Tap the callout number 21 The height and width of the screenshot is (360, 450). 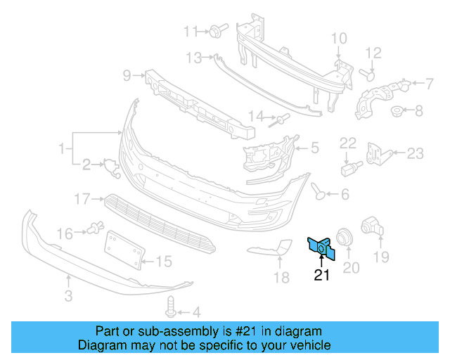point(321,275)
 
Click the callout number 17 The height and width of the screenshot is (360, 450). point(82,199)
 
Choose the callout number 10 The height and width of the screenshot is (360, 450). point(338,37)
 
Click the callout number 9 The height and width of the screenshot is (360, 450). point(127,74)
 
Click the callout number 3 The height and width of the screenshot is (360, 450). point(68,297)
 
